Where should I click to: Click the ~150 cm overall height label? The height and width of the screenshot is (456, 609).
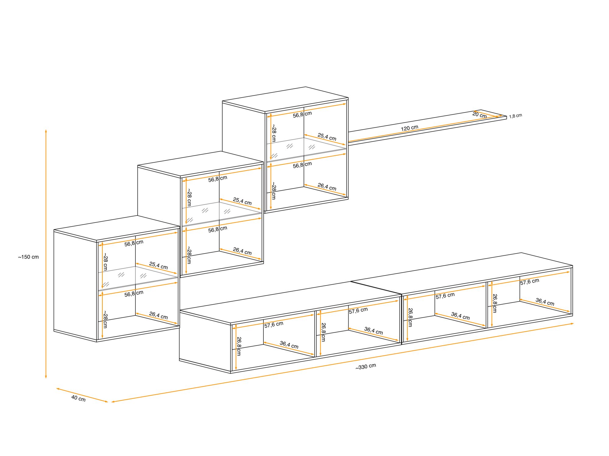click(28, 257)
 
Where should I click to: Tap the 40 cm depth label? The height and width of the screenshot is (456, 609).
click(78, 398)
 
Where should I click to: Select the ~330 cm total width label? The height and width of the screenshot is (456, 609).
click(366, 366)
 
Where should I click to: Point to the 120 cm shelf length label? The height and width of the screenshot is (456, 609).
click(410, 128)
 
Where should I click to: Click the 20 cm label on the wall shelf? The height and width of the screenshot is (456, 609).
click(480, 115)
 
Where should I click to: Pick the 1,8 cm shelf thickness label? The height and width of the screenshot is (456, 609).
click(516, 116)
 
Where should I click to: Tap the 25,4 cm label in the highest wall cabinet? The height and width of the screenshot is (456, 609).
click(327, 137)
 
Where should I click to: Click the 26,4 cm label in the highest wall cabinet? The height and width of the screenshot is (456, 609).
click(327, 187)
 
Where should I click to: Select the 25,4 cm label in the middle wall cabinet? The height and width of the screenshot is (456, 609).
click(242, 201)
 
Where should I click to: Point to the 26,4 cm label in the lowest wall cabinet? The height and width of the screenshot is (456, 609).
click(158, 315)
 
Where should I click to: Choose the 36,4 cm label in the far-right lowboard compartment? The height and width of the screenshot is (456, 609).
click(545, 302)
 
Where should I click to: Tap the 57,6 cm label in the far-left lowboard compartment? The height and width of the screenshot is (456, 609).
click(274, 325)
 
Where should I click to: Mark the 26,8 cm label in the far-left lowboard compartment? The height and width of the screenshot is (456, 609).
click(239, 346)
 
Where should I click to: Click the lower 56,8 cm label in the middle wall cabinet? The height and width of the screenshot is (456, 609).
click(218, 230)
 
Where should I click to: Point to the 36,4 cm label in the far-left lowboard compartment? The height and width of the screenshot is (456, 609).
click(289, 345)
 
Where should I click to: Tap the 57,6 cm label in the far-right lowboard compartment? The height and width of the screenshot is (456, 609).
click(530, 282)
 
